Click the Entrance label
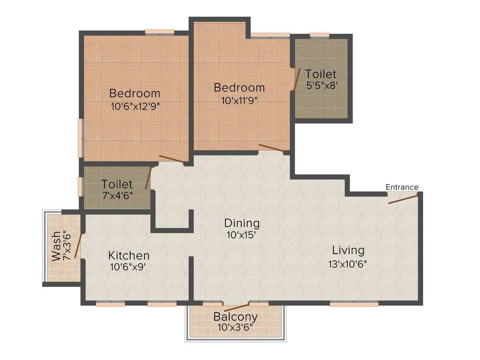402,187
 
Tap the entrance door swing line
403,200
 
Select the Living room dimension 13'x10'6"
347,263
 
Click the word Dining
241,223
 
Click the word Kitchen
129,255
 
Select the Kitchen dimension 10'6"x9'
129,268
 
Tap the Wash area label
56,246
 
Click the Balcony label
235,316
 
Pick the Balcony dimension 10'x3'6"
235,327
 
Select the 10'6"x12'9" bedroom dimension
135,106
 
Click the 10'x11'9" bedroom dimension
239,100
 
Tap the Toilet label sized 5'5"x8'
321,74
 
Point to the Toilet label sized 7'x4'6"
117,185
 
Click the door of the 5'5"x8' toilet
296,80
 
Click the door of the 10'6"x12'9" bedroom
171,159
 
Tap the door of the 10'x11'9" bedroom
271,148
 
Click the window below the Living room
354,304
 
